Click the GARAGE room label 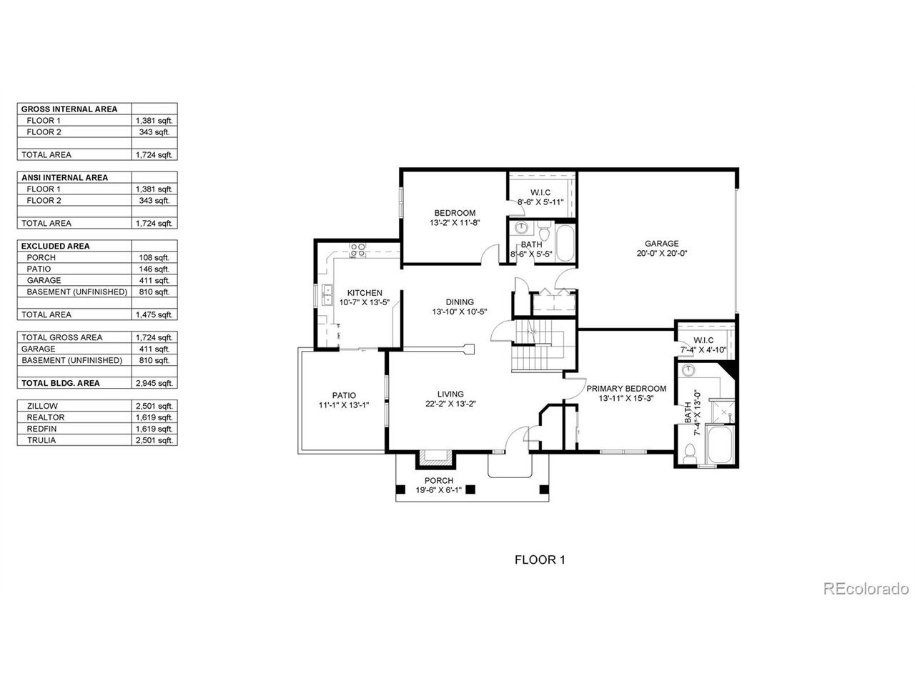click(x=661, y=244)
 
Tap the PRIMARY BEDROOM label click(x=626, y=389)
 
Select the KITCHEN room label click(x=365, y=293)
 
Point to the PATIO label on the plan click(x=344, y=395)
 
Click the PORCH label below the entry click(x=439, y=480)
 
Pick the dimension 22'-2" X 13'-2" click(x=450, y=404)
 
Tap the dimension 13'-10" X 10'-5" click(x=460, y=312)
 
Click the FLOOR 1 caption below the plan click(x=540, y=560)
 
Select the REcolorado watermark click(x=866, y=589)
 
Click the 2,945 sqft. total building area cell click(x=154, y=383)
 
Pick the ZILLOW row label click(x=42, y=406)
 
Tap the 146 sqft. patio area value click(x=154, y=269)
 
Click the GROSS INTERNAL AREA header click(x=69, y=109)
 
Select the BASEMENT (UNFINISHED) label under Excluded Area click(x=76, y=292)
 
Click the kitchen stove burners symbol click(x=357, y=250)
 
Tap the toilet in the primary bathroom click(x=690, y=452)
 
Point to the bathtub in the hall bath click(x=565, y=243)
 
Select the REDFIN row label click(x=41, y=429)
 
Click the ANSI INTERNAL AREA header click(x=64, y=177)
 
